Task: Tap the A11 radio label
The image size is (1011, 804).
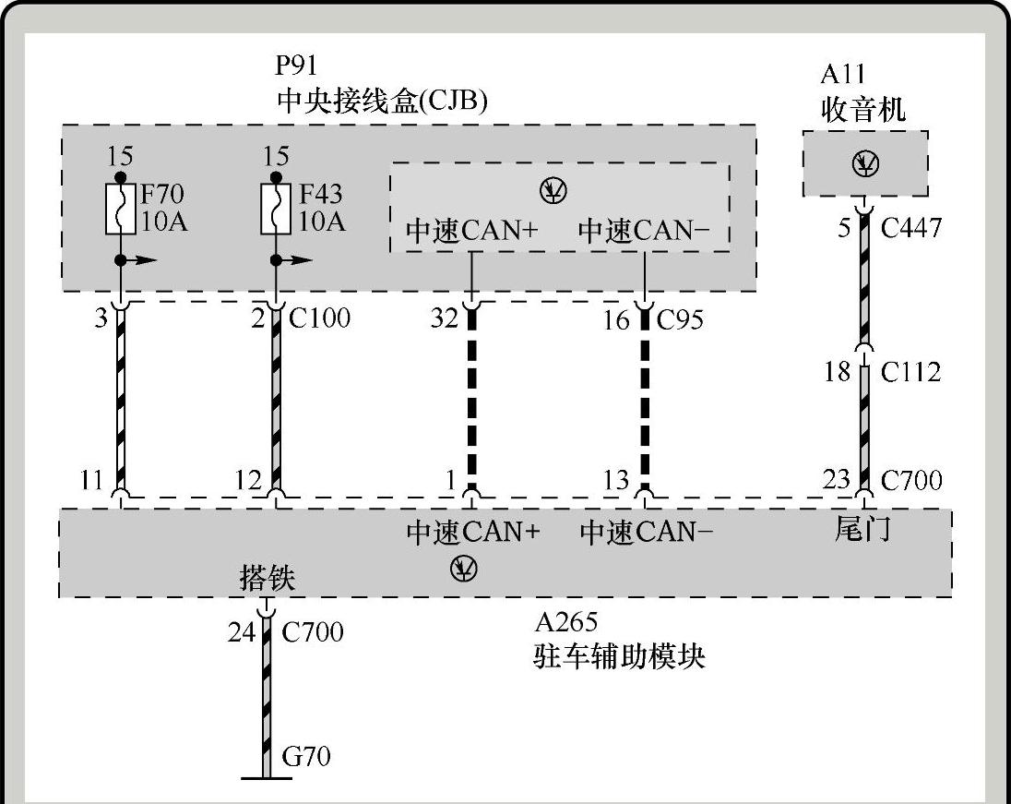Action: tap(842, 75)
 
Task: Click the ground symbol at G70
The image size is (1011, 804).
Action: tap(267, 777)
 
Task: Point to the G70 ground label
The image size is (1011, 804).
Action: tap(306, 757)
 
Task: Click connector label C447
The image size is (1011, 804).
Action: tap(911, 227)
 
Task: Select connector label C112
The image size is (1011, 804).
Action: tap(911, 372)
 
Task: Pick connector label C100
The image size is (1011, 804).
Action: tap(320, 318)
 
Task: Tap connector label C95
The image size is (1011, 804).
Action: tap(680, 319)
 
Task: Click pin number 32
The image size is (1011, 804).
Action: tap(444, 318)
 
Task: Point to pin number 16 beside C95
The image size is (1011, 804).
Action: tap(616, 319)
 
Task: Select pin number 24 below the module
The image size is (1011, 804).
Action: tap(242, 632)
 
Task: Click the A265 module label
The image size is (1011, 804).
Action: tap(565, 621)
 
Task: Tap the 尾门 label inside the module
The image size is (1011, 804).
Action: tap(862, 529)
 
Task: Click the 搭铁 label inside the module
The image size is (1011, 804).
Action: tap(268, 579)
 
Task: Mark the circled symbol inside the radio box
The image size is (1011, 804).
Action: tap(865, 164)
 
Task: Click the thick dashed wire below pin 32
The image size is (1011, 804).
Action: tap(472, 397)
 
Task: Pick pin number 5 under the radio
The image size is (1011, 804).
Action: tap(844, 227)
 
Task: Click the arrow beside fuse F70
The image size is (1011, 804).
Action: tap(143, 261)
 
